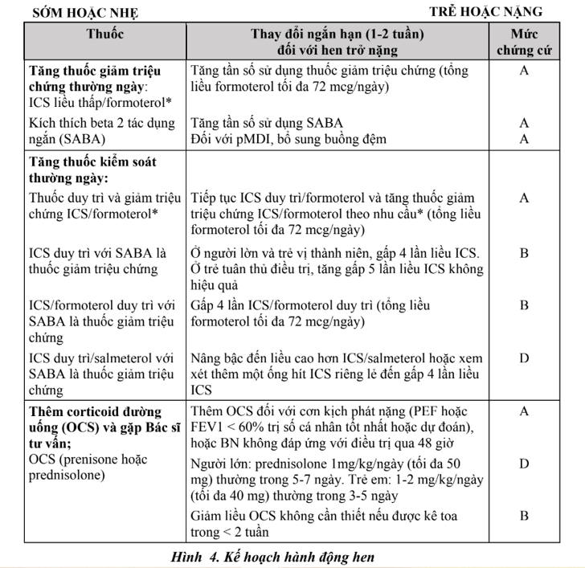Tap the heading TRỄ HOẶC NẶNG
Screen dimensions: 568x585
click(485, 11)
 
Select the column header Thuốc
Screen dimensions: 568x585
click(104, 35)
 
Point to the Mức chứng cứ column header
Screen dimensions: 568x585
click(524, 43)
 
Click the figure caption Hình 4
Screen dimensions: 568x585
click(273, 556)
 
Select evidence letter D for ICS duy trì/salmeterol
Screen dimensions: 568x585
click(524, 358)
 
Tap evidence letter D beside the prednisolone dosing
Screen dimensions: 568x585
click(524, 464)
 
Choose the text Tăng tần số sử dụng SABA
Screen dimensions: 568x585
click(268, 123)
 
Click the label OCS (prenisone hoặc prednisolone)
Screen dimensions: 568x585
click(88, 467)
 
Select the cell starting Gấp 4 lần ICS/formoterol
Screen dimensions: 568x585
click(311, 305)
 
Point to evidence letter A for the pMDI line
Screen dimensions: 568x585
click(524, 139)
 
